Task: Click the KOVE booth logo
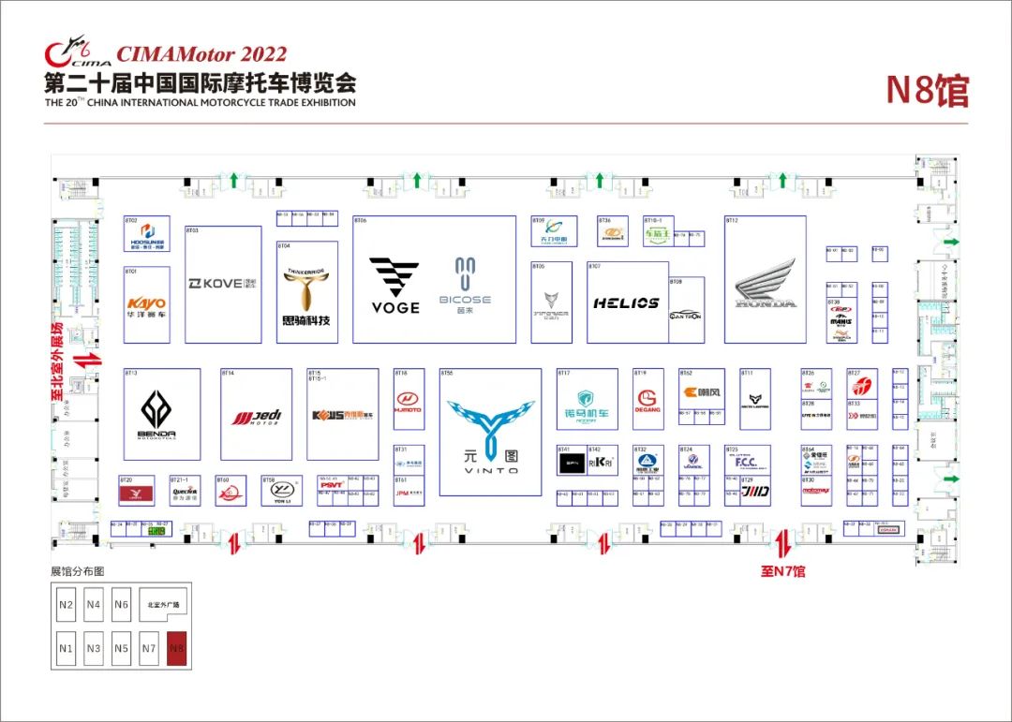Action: pos(222,283)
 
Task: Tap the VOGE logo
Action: pos(394,285)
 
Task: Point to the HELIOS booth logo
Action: pos(626,302)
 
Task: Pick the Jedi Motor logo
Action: pos(256,416)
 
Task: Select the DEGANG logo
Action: pos(647,401)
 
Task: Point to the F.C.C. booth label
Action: pos(746,462)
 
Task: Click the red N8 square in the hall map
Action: pos(176,648)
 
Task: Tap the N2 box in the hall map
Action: pos(66,605)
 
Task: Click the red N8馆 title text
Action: pos(927,91)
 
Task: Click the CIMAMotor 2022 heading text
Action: pos(202,54)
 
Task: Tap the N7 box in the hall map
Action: pos(148,648)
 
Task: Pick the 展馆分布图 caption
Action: pos(77,570)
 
